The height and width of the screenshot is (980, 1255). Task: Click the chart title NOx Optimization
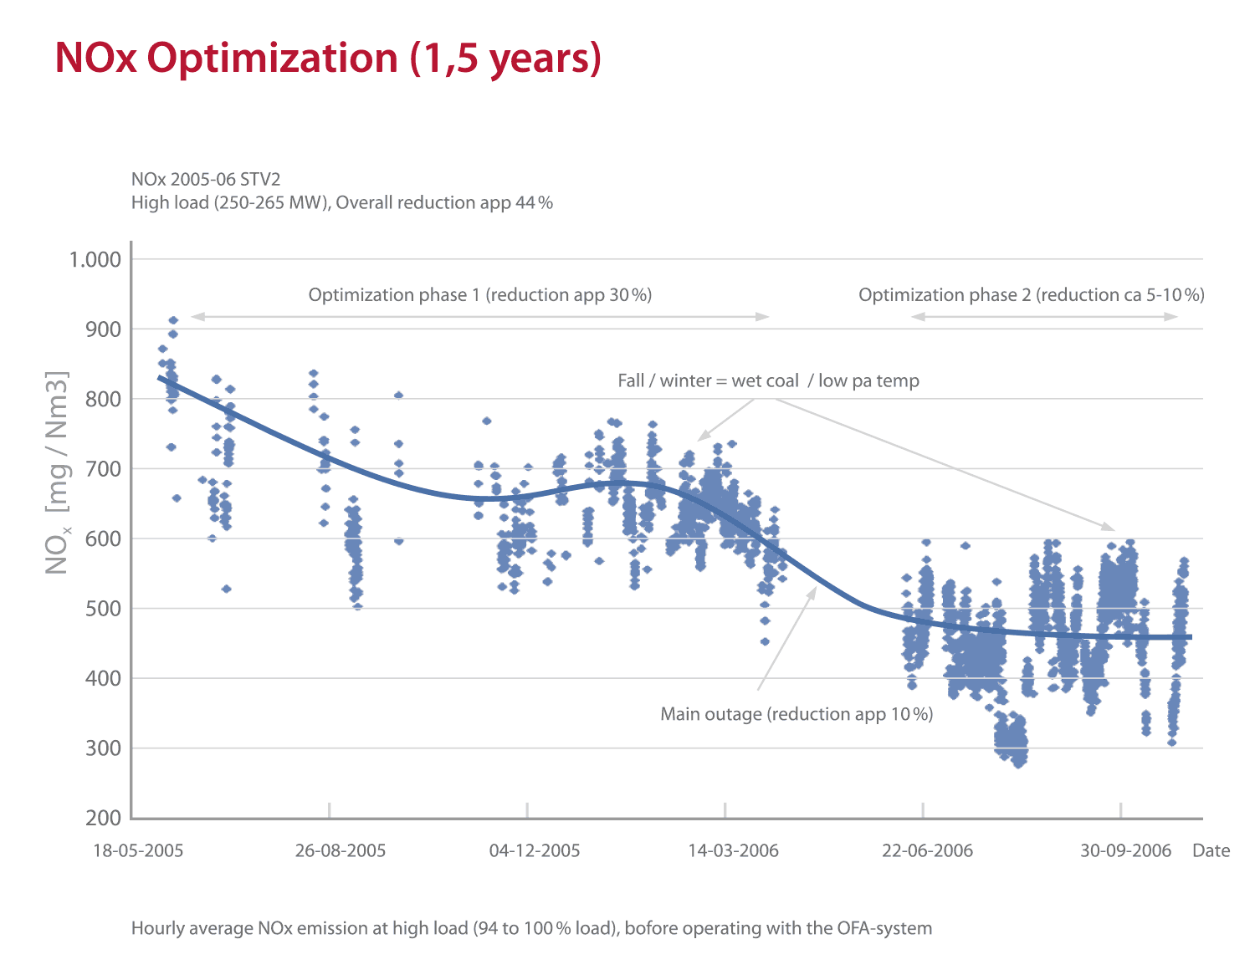click(328, 59)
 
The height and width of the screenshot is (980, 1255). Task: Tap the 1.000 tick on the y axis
click(95, 259)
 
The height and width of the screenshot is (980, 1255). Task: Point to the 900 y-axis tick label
click(104, 329)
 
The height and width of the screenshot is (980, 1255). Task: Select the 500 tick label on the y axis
click(104, 609)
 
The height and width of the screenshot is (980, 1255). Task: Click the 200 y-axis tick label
click(104, 818)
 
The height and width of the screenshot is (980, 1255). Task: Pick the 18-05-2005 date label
click(138, 851)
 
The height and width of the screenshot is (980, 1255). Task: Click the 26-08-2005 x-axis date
click(341, 851)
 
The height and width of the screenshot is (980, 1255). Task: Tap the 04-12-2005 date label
click(535, 851)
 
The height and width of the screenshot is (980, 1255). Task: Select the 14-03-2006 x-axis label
click(733, 851)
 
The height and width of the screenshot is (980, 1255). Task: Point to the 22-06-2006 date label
click(927, 851)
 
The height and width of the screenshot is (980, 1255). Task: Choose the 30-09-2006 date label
click(1125, 851)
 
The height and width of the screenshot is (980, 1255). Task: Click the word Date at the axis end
click(1211, 851)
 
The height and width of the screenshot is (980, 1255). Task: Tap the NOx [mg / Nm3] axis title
click(57, 472)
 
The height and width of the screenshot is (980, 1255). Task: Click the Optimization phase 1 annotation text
click(479, 295)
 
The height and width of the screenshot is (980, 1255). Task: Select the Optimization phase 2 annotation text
click(1031, 295)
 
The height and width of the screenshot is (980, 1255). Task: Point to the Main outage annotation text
click(797, 714)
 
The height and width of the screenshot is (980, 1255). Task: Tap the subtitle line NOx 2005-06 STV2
click(206, 179)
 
